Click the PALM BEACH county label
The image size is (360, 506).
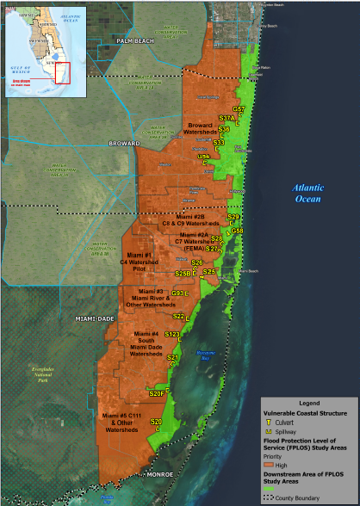tap(135, 40)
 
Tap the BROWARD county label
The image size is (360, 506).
tap(124, 142)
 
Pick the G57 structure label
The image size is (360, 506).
tap(239, 109)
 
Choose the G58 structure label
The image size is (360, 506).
tap(238, 231)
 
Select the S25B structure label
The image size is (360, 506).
tap(182, 274)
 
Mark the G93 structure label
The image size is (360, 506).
tap(177, 293)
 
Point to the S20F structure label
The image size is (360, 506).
tap(156, 393)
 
